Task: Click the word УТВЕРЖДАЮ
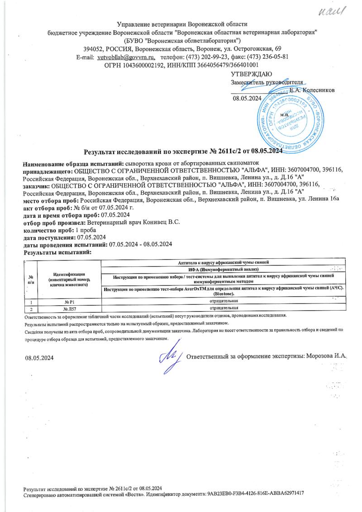coord(251,74)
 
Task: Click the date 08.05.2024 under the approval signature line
coord(247,98)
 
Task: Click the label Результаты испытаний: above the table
coord(57,251)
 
